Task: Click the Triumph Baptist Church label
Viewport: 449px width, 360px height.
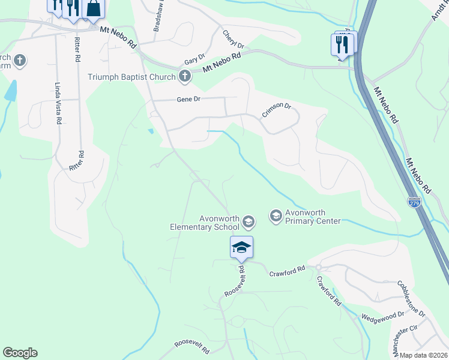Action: coord(131,77)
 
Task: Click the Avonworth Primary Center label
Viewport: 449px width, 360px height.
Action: coord(313,217)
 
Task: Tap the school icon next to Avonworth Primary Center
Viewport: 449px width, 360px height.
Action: coord(276,216)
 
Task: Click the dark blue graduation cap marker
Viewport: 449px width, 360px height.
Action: coord(241,247)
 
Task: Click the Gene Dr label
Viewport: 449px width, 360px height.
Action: coord(188,100)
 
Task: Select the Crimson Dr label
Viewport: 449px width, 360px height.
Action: coord(276,110)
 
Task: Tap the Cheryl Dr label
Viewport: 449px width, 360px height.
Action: coord(234,40)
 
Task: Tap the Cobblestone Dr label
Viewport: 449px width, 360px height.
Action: coord(411,299)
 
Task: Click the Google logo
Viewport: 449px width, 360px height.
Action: coord(20,353)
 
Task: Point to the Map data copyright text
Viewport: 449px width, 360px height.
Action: coord(423,355)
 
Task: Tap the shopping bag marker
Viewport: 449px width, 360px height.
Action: coord(94,8)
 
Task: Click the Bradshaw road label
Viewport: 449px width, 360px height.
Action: coord(157,19)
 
